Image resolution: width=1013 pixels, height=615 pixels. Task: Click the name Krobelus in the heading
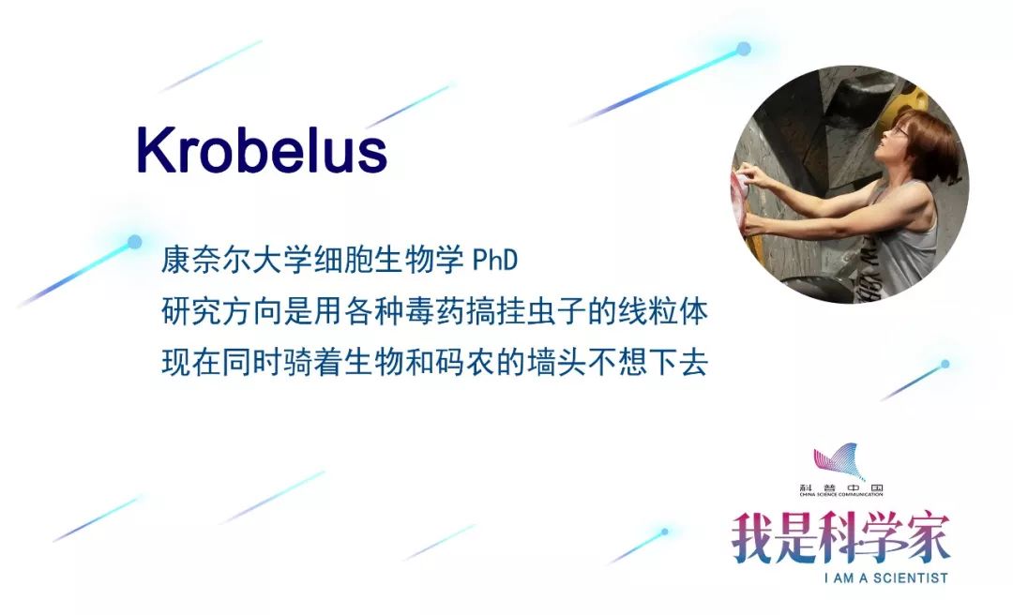pyautogui.click(x=262, y=151)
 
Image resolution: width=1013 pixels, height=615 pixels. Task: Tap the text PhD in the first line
pyautogui.click(x=495, y=260)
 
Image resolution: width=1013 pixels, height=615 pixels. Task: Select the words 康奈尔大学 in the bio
pyautogui.click(x=236, y=260)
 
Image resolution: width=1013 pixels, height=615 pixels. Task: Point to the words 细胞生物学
pyautogui.click(x=388, y=260)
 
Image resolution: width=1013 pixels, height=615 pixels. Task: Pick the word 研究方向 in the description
pyautogui.click(x=221, y=311)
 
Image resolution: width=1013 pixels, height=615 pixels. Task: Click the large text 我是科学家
pyautogui.click(x=840, y=538)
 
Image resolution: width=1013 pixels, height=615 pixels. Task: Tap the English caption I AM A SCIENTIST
pyautogui.click(x=885, y=577)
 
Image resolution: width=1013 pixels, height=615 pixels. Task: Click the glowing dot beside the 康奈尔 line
pyautogui.click(x=134, y=242)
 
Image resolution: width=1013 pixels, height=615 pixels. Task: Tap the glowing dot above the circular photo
pyautogui.click(x=744, y=49)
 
